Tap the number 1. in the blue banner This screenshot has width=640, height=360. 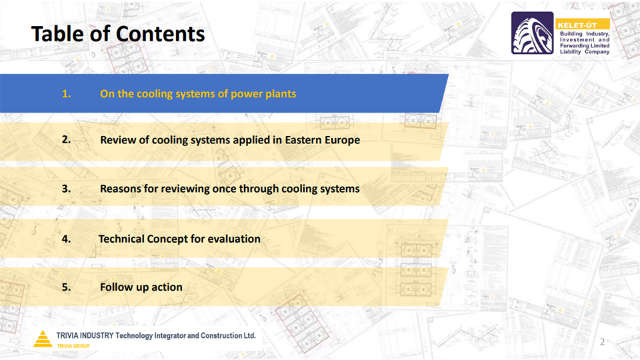(x=67, y=94)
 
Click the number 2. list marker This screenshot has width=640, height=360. (x=67, y=139)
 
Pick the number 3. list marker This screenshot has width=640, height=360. (x=67, y=189)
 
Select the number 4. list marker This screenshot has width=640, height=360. (x=67, y=239)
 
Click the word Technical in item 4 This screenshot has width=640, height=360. (x=121, y=239)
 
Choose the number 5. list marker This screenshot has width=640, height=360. (x=67, y=287)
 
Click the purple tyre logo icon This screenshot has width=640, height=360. (x=533, y=33)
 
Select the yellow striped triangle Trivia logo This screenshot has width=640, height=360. (x=43, y=339)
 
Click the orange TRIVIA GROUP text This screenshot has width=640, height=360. (x=73, y=346)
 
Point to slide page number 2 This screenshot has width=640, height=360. (x=603, y=341)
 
